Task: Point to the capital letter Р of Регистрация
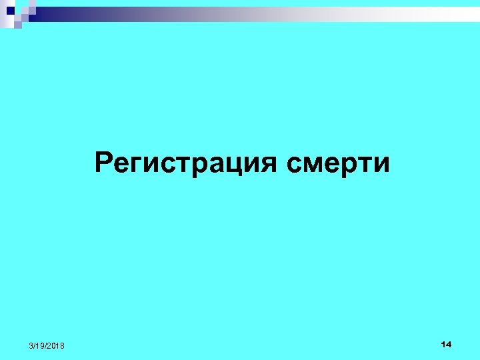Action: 104,162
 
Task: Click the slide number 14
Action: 446,344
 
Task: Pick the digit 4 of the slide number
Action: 449,344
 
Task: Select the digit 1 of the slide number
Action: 443,344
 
